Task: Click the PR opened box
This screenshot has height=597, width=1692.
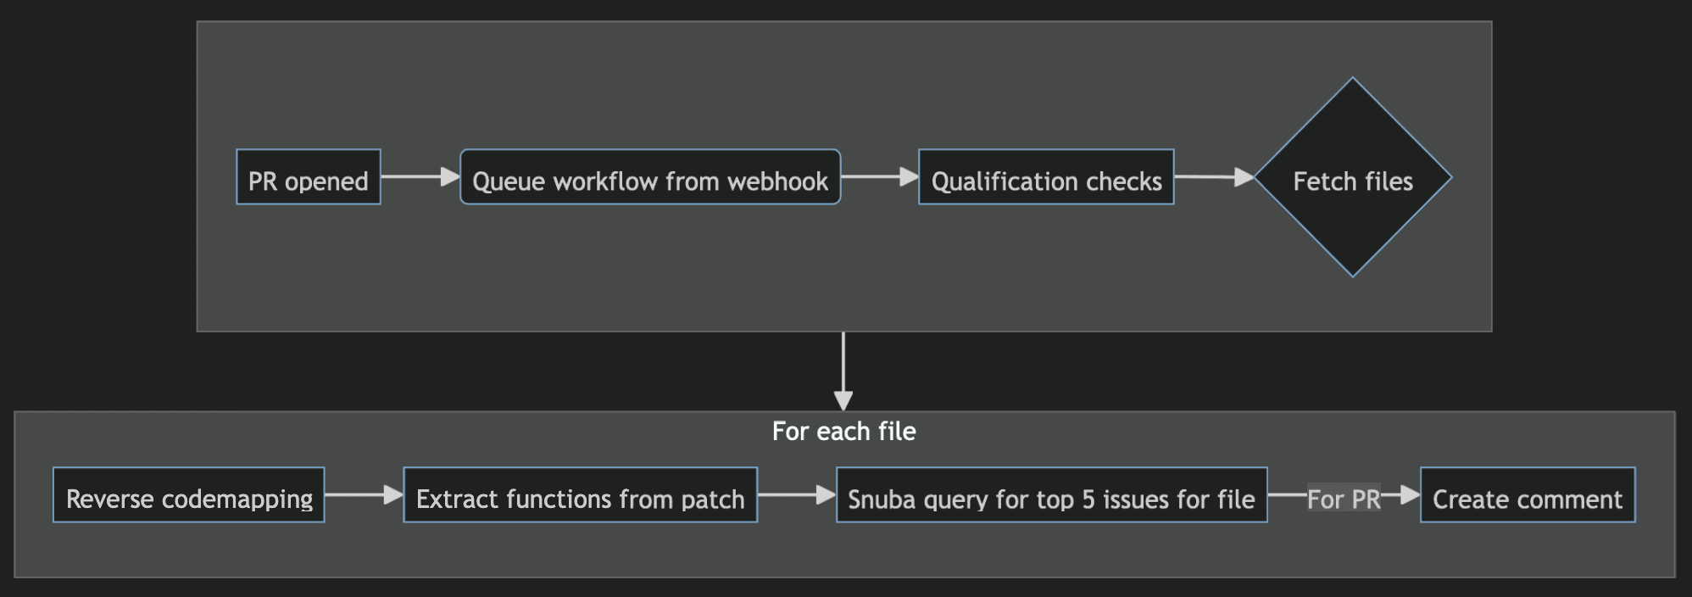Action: [x=308, y=177]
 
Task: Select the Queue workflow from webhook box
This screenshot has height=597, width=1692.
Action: [x=649, y=177]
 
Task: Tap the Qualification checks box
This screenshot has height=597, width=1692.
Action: [x=1045, y=177]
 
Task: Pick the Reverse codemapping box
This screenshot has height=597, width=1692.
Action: [x=188, y=495]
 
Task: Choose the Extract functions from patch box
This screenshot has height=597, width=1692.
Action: [x=580, y=495]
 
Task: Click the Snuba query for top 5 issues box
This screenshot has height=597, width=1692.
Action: [x=1051, y=495]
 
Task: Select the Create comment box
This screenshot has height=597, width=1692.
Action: [x=1527, y=495]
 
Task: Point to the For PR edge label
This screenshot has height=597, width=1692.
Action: [x=1344, y=499]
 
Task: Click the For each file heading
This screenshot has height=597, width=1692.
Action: [x=843, y=432]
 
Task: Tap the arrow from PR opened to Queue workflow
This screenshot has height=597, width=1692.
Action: [x=420, y=176]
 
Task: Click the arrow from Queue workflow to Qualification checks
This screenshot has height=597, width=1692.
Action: [x=879, y=176]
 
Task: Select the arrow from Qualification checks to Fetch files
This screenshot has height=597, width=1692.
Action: [x=1213, y=177]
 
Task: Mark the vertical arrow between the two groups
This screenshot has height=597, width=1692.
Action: [x=843, y=371]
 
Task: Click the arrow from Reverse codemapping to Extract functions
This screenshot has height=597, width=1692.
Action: [x=363, y=494]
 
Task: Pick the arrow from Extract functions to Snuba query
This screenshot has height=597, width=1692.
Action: [x=796, y=494]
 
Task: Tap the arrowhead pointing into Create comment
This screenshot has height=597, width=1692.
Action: [x=1411, y=494]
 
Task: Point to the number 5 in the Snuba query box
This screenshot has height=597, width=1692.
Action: [x=1088, y=499]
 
